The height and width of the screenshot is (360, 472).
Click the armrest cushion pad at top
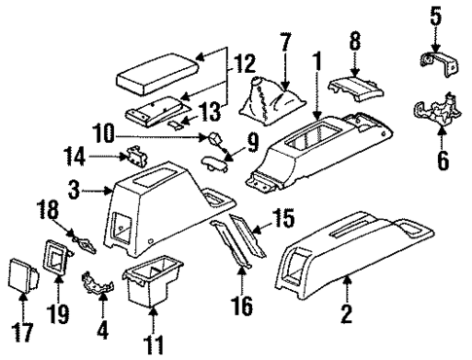coord(155,74)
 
